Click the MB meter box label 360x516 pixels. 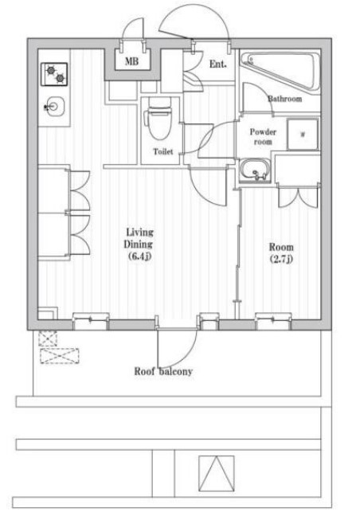pyautogui.click(x=131, y=61)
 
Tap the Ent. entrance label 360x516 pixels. pyautogui.click(x=218, y=64)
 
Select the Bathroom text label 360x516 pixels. pyautogui.click(x=284, y=99)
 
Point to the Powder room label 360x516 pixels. pyautogui.click(x=263, y=137)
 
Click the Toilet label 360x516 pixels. pyautogui.click(x=163, y=152)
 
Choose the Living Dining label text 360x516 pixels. pyautogui.click(x=139, y=238)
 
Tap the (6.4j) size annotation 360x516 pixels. pyautogui.click(x=139, y=256)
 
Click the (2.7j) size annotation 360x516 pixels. pyautogui.click(x=281, y=260)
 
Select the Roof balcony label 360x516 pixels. pyautogui.click(x=163, y=372)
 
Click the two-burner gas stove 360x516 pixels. pyautogui.click(x=54, y=75)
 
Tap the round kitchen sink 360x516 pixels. pyautogui.click(x=54, y=107)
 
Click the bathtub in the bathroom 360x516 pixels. pyautogui.click(x=280, y=71)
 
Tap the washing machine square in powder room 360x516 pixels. pyautogui.click(x=303, y=135)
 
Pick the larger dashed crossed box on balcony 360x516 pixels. pyautogui.click(x=60, y=356)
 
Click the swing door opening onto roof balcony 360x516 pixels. pyautogui.click(x=177, y=347)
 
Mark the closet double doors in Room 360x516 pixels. pyautogui.click(x=299, y=197)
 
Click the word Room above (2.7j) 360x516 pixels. pyautogui.click(x=281, y=247)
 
